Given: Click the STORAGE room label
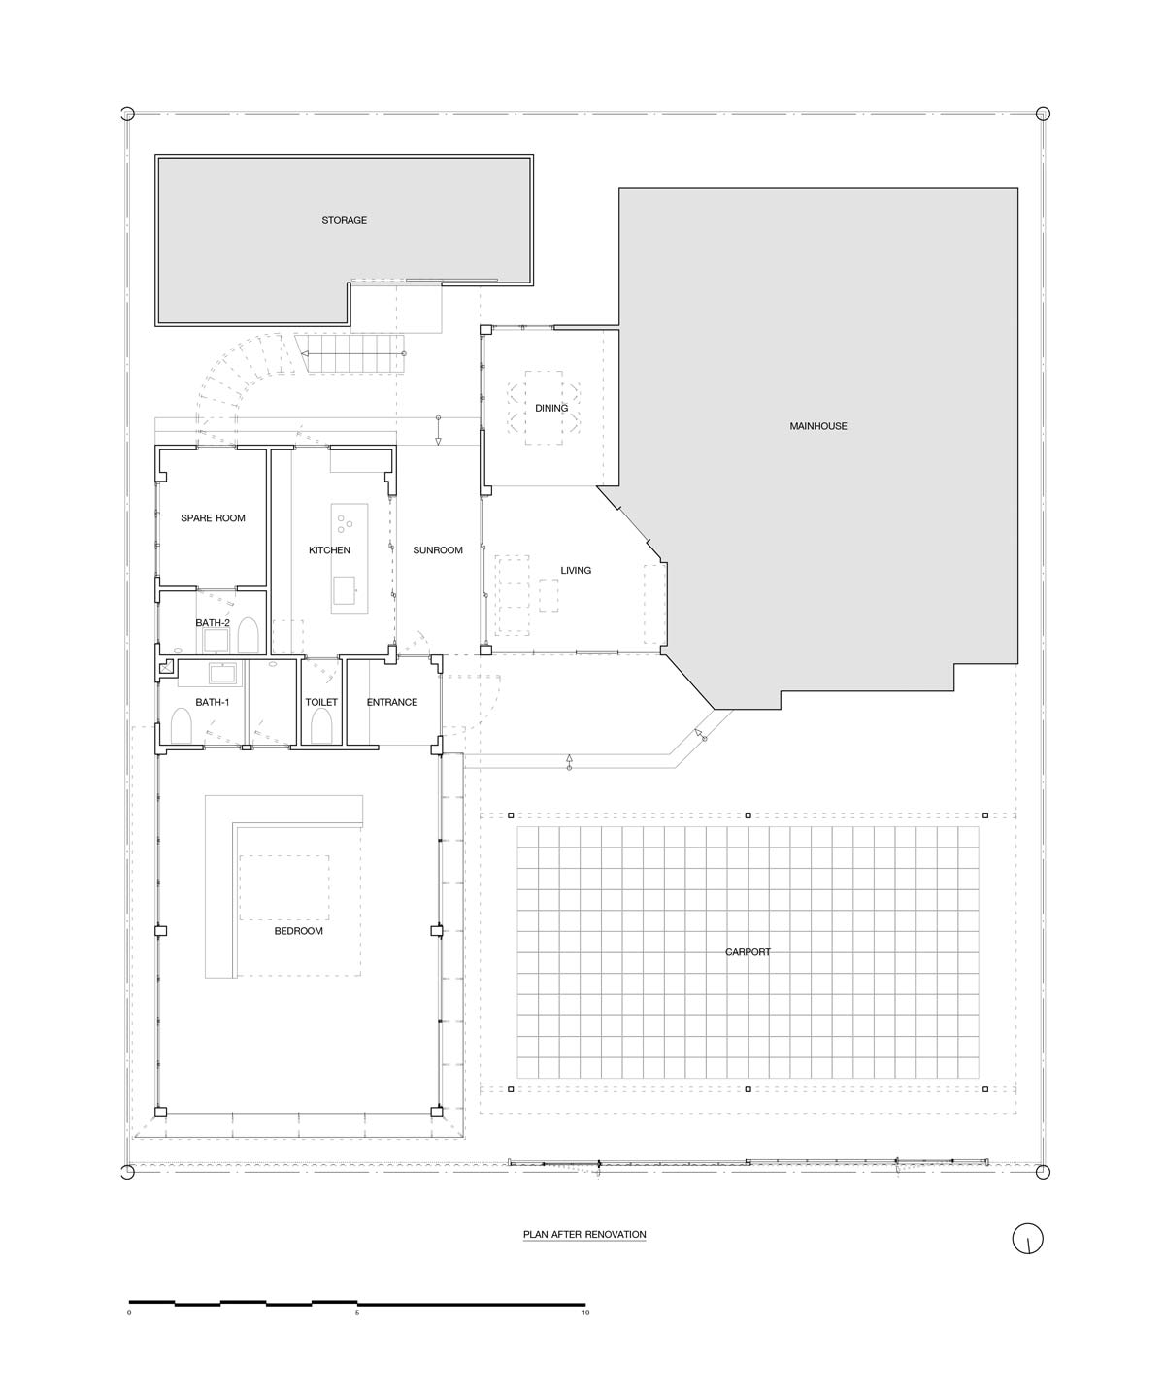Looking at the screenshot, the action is (345, 220).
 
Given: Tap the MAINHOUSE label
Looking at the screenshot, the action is (817, 426).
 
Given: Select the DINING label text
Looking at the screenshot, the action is (551, 408).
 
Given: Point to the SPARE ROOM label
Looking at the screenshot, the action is (213, 518).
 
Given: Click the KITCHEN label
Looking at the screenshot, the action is (329, 550).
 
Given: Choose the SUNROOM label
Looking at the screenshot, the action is (438, 550).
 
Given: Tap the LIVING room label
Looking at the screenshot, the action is (576, 570).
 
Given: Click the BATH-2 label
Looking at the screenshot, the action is (213, 623).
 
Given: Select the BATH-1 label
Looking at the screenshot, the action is (213, 702).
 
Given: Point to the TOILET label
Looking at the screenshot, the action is (321, 702).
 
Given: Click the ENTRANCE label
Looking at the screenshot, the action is (392, 702).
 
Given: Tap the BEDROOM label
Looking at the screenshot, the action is (298, 931).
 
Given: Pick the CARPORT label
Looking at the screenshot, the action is (748, 952).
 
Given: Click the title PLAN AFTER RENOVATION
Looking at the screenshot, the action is (584, 1234).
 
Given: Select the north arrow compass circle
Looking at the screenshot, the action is (1028, 1239).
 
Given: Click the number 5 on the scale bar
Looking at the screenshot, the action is (357, 1313).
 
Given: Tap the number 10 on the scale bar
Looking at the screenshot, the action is (585, 1313).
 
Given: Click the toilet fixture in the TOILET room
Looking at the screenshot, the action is (321, 726).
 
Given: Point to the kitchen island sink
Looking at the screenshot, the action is (345, 589).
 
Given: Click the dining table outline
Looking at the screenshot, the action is (544, 408).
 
